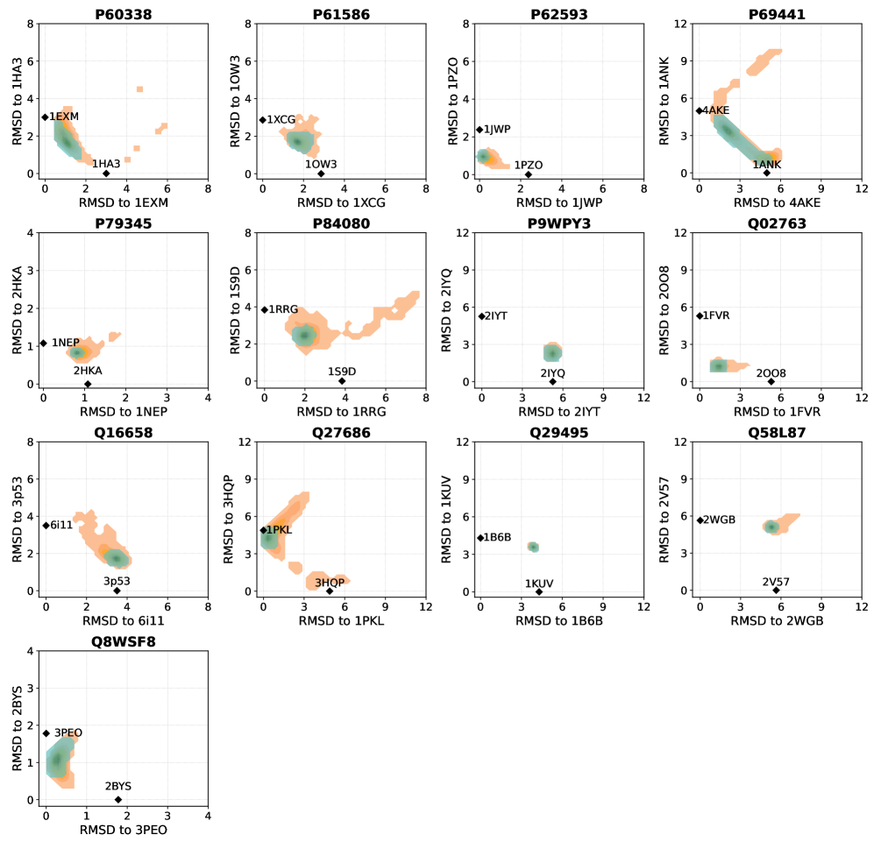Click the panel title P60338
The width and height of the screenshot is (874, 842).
(125, 14)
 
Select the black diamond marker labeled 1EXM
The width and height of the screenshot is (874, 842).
(45, 117)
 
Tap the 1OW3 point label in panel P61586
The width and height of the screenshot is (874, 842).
(321, 164)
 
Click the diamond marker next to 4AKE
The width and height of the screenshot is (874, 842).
(700, 110)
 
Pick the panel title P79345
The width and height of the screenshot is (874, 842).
(125, 223)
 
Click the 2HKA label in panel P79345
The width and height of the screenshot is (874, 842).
(88, 371)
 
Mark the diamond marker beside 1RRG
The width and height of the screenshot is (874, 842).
(264, 309)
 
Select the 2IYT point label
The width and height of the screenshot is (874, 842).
(495, 315)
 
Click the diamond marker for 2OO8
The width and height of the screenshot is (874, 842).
(771, 381)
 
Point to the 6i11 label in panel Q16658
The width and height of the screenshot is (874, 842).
(60, 525)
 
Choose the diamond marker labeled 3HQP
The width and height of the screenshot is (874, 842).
(330, 591)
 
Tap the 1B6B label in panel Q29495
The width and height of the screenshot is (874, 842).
(497, 538)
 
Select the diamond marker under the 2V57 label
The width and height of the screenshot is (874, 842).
(776, 591)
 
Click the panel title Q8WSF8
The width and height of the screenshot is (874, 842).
(125, 642)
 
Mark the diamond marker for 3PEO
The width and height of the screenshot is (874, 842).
(46, 732)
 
